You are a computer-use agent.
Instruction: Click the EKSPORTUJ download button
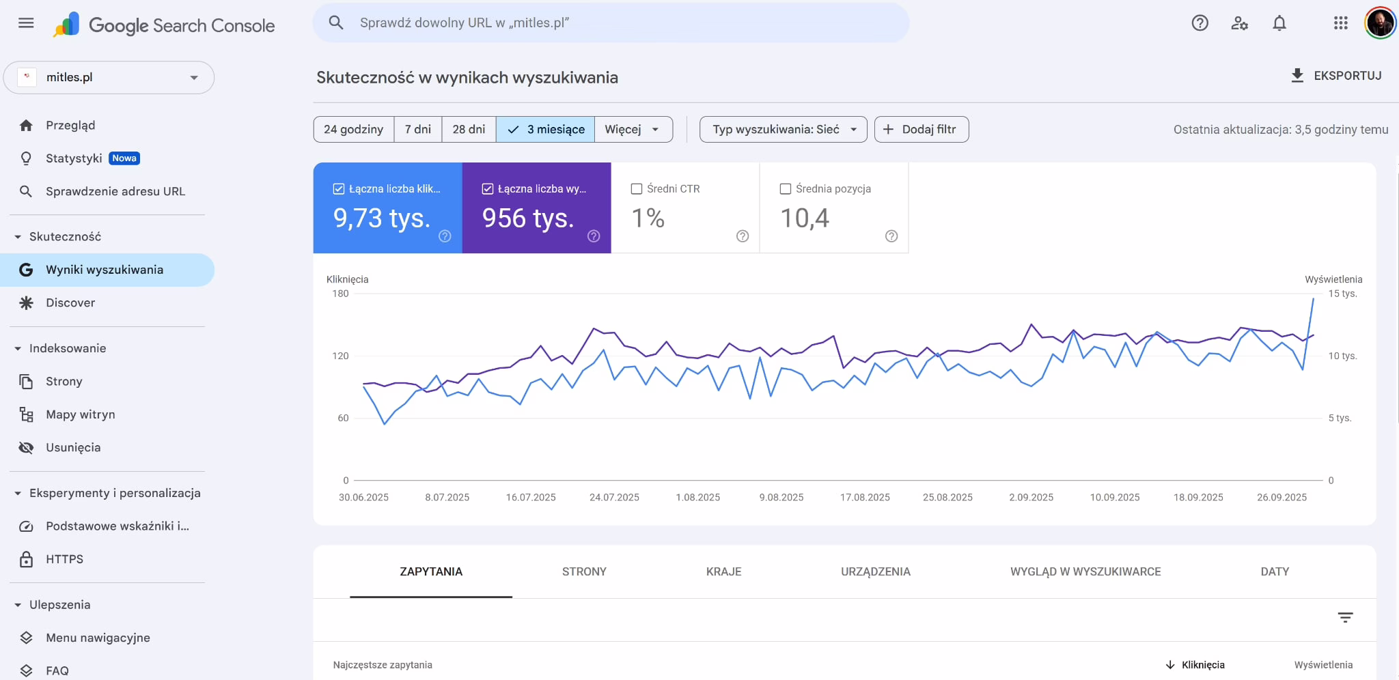(1336, 76)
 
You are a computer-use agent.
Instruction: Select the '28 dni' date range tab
(469, 130)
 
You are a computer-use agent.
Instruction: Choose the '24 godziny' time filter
(353, 130)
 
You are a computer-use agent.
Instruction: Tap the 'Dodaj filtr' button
(922, 130)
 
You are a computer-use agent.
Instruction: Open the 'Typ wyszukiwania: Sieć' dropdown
(784, 130)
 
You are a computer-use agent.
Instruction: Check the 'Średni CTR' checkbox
(637, 189)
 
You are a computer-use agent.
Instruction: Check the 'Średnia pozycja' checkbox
(786, 189)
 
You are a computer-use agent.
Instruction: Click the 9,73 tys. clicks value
(382, 218)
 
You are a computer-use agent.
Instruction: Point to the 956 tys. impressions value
(528, 218)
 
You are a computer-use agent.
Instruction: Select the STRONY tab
(584, 572)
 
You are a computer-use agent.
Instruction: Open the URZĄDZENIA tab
(876, 572)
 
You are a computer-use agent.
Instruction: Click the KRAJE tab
(723, 572)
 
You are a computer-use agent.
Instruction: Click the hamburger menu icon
(26, 23)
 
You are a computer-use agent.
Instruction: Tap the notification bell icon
(1279, 23)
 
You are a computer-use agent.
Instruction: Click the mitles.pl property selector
(109, 78)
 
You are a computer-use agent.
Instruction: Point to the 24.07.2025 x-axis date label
(614, 498)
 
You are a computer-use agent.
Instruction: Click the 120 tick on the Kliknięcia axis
(340, 356)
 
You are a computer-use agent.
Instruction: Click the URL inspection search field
(611, 23)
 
